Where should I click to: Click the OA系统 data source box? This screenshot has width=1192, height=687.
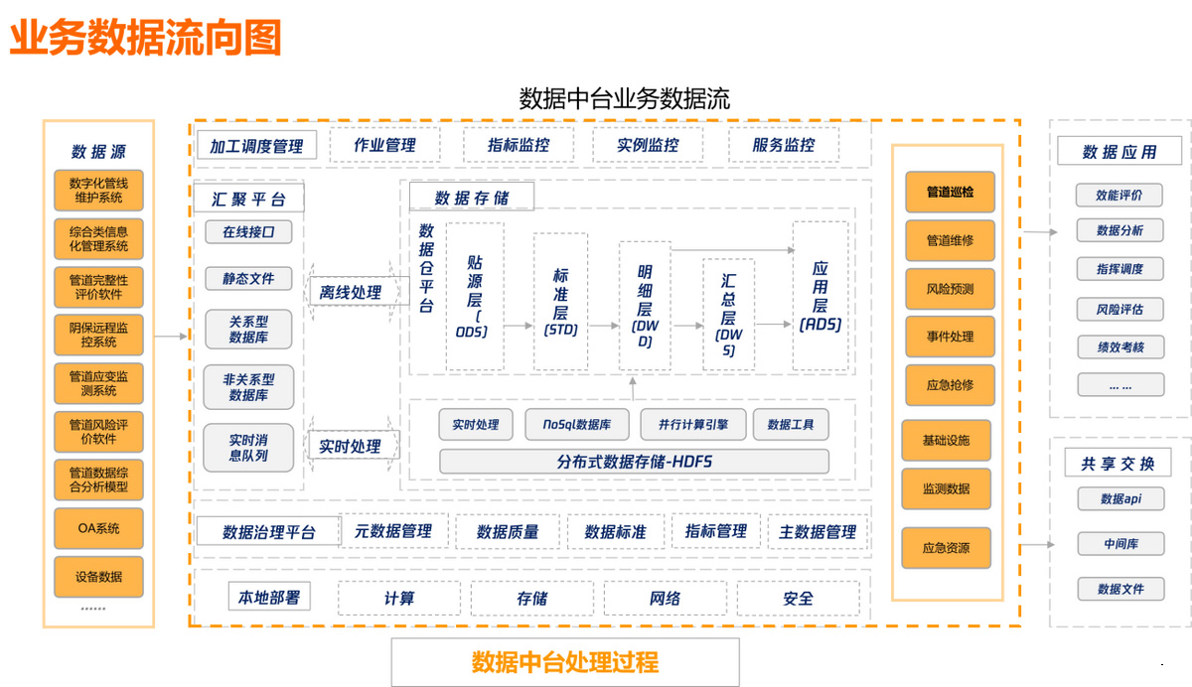pyautogui.click(x=98, y=529)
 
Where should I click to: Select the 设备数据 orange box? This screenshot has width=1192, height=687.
pyautogui.click(x=98, y=577)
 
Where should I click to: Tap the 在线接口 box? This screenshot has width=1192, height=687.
pyautogui.click(x=248, y=232)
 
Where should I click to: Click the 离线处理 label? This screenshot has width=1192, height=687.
pyautogui.click(x=350, y=293)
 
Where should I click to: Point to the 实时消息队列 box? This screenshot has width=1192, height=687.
pyautogui.click(x=248, y=447)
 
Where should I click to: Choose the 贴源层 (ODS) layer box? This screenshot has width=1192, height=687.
pyautogui.click(x=475, y=296)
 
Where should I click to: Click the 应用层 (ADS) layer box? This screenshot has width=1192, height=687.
pyautogui.click(x=819, y=296)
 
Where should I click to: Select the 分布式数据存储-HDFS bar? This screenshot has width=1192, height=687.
pyautogui.click(x=634, y=462)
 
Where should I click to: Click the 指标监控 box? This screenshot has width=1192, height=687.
pyautogui.click(x=519, y=145)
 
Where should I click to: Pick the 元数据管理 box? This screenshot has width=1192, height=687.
pyautogui.click(x=393, y=531)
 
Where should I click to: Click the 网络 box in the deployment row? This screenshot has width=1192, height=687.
pyautogui.click(x=665, y=599)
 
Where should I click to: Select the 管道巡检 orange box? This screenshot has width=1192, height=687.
pyautogui.click(x=950, y=192)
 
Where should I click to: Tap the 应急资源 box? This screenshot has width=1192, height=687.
pyautogui.click(x=946, y=548)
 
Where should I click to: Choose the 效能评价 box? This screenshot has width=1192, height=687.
pyautogui.click(x=1119, y=196)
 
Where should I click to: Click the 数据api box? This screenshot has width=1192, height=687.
pyautogui.click(x=1119, y=498)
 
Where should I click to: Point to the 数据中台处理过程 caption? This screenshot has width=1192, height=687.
pyautogui.click(x=564, y=662)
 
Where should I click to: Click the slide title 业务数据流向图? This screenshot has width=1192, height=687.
pyautogui.click(x=146, y=38)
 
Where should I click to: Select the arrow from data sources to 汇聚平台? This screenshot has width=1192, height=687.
pyautogui.click(x=172, y=337)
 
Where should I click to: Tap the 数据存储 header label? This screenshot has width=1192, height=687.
pyautogui.click(x=471, y=198)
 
